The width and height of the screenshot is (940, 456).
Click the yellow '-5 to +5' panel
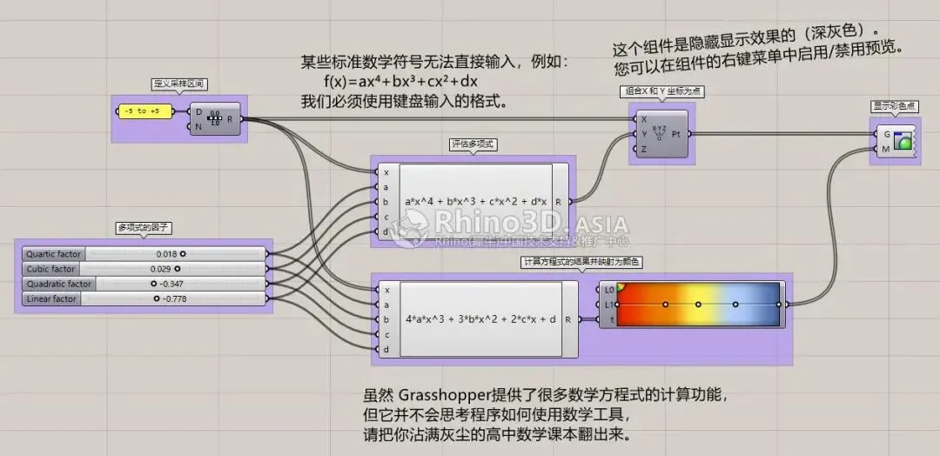coord(143,111)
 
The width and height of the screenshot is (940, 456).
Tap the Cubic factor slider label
coord(51,269)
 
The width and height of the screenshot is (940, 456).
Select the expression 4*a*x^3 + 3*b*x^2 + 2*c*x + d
coord(480,319)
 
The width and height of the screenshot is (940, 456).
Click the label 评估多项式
coord(474,144)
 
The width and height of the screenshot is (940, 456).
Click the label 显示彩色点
coord(895,106)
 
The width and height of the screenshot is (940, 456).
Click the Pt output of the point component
coord(676,134)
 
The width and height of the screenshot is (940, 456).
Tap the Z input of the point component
coord(643,149)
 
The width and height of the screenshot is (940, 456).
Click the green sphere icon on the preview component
coord(902,141)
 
